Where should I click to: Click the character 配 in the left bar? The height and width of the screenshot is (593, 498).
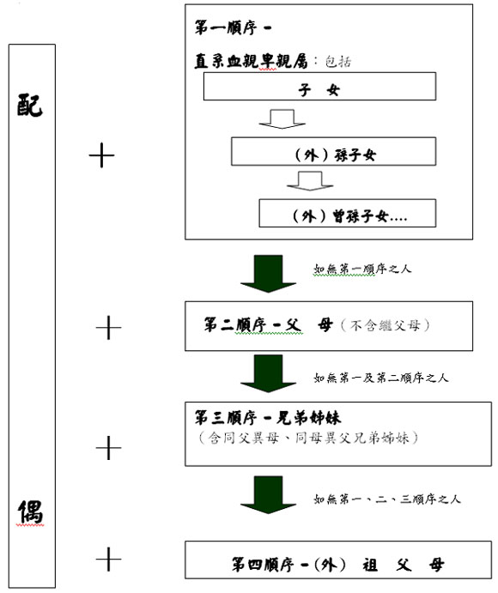[30, 106]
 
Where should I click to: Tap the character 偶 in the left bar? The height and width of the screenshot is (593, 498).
[30, 511]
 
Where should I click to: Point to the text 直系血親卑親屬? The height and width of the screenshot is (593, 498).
[252, 61]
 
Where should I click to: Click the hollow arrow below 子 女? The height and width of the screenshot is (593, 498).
[282, 119]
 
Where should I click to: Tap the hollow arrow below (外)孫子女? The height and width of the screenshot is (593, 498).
[310, 181]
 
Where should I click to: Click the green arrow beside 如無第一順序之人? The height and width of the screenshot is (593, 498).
[268, 274]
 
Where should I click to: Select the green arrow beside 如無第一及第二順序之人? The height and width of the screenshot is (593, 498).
[268, 373]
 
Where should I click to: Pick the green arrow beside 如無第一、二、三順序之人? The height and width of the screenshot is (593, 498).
[268, 495]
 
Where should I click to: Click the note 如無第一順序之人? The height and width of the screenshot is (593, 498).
[361, 269]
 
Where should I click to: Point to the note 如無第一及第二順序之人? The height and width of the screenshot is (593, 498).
[380, 378]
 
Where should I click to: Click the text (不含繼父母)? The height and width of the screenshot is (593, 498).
[386, 325]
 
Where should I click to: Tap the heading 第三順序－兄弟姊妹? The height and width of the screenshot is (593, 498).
[268, 418]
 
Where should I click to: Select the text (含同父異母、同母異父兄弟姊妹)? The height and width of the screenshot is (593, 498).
[308, 438]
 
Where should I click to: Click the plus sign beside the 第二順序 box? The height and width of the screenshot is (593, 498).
[108, 328]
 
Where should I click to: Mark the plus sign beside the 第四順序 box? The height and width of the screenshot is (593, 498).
[108, 559]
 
